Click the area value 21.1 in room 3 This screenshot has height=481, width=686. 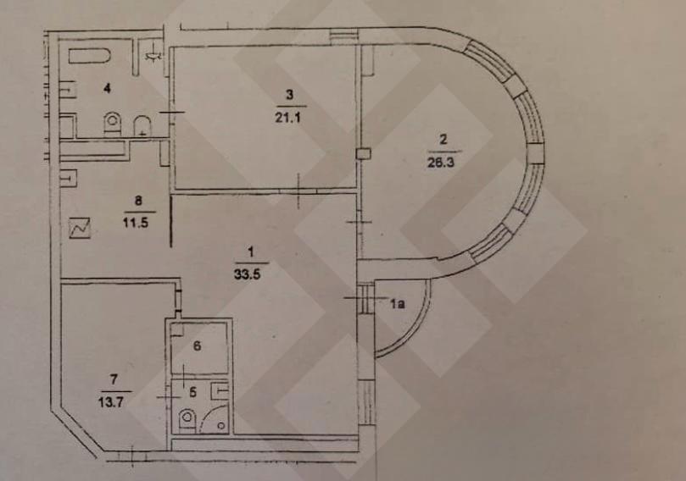pyautogui.click(x=287, y=118)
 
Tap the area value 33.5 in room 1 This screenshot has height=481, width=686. pyautogui.click(x=248, y=274)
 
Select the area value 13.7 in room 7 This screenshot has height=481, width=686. pyautogui.click(x=111, y=401)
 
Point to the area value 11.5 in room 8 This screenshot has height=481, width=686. pyautogui.click(x=135, y=223)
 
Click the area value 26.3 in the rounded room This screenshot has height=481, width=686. pyautogui.click(x=441, y=163)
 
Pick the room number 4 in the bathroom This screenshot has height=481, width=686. pyautogui.click(x=107, y=88)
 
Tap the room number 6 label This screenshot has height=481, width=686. pyautogui.click(x=197, y=346)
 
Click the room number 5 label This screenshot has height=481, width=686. pyautogui.click(x=193, y=392)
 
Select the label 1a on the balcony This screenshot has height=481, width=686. pyautogui.click(x=397, y=304)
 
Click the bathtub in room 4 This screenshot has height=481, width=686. pyautogui.click(x=89, y=58)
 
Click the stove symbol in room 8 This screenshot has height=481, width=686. pyautogui.click(x=80, y=228)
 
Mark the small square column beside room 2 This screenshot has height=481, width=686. pyautogui.click(x=364, y=153)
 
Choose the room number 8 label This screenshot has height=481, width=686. pyautogui.click(x=138, y=201)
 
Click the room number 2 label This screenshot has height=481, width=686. pyautogui.click(x=443, y=140)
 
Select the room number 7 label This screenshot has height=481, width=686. pyautogui.click(x=114, y=379)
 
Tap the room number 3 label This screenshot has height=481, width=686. pyautogui.click(x=290, y=95)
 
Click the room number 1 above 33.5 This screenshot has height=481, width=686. pyautogui.click(x=251, y=252)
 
